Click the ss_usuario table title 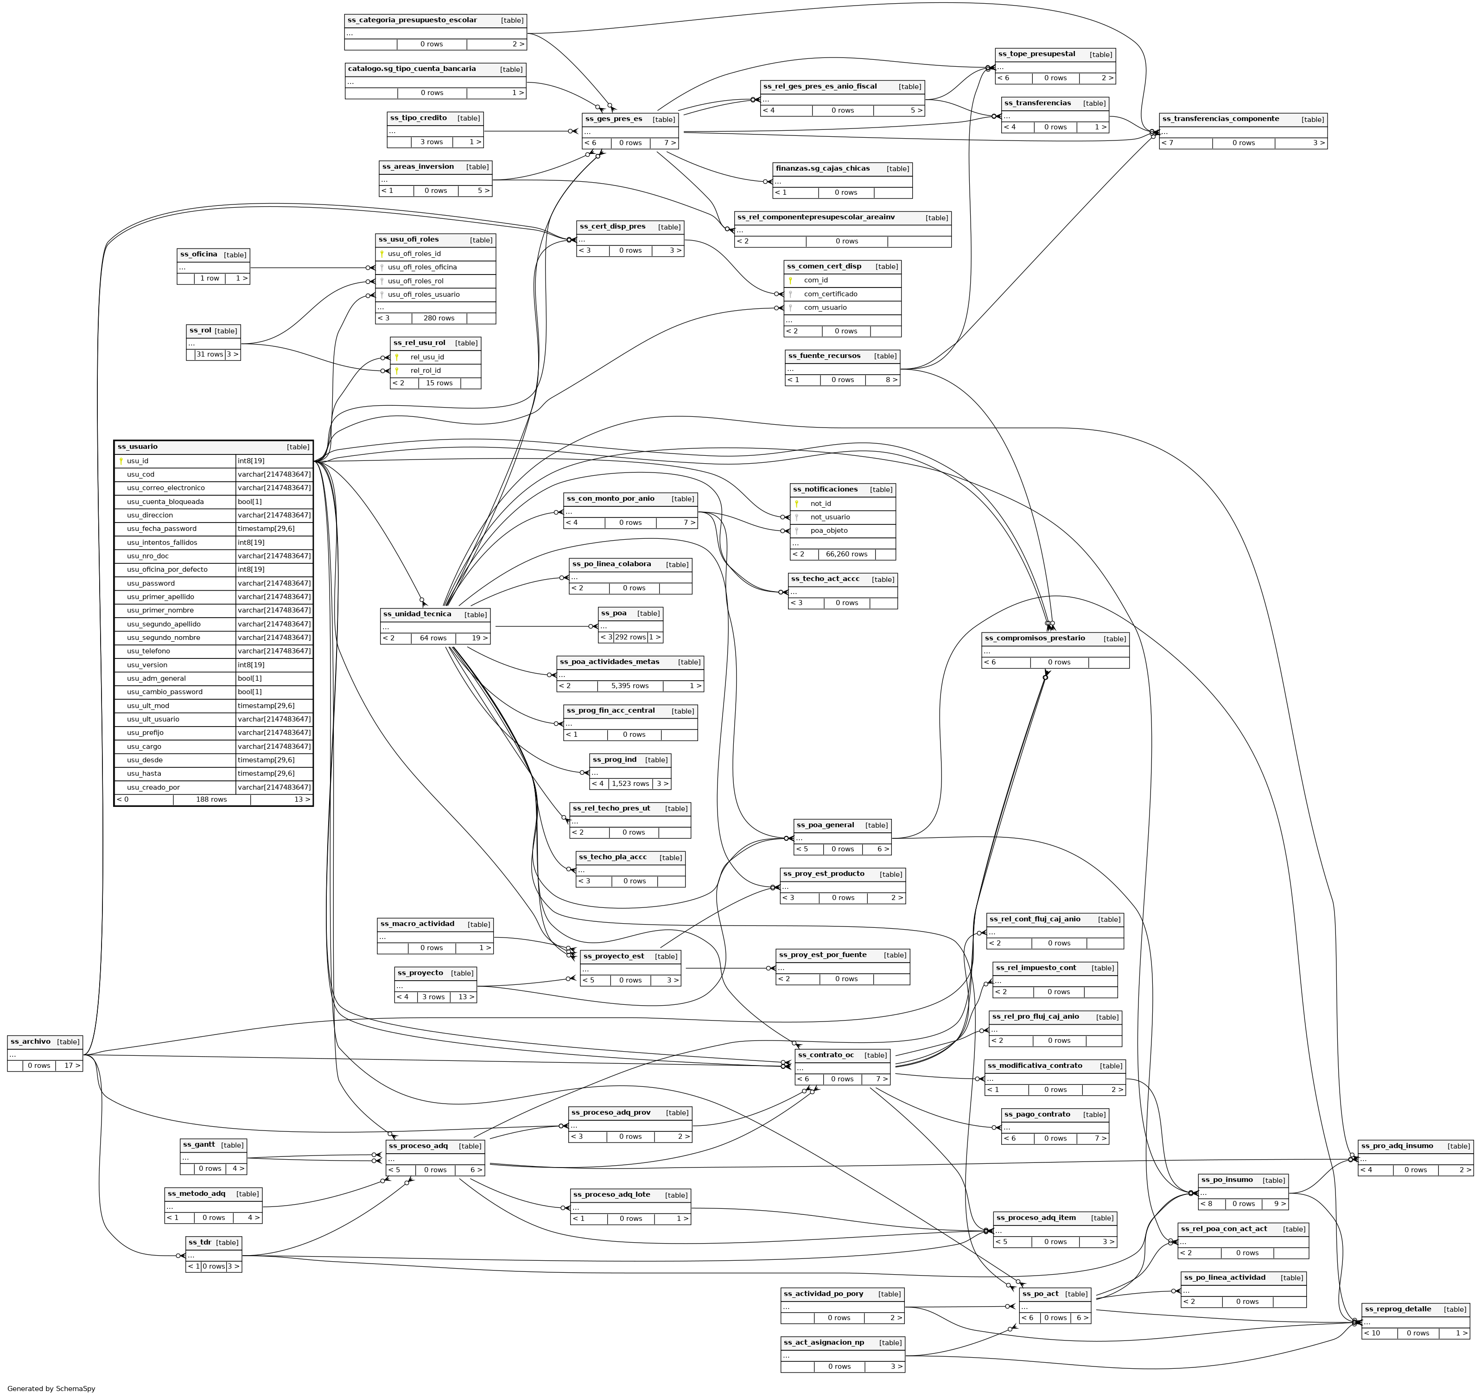138,447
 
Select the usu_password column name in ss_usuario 151,583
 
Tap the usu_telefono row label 148,651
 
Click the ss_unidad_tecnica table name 416,614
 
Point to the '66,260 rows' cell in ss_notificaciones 846,555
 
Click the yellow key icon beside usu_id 121,461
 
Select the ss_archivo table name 31,1042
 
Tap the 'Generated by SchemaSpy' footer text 51,1389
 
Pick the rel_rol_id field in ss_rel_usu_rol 426,370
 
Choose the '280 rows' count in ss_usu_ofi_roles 439,318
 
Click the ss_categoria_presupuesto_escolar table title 412,20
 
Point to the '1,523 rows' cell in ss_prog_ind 630,784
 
